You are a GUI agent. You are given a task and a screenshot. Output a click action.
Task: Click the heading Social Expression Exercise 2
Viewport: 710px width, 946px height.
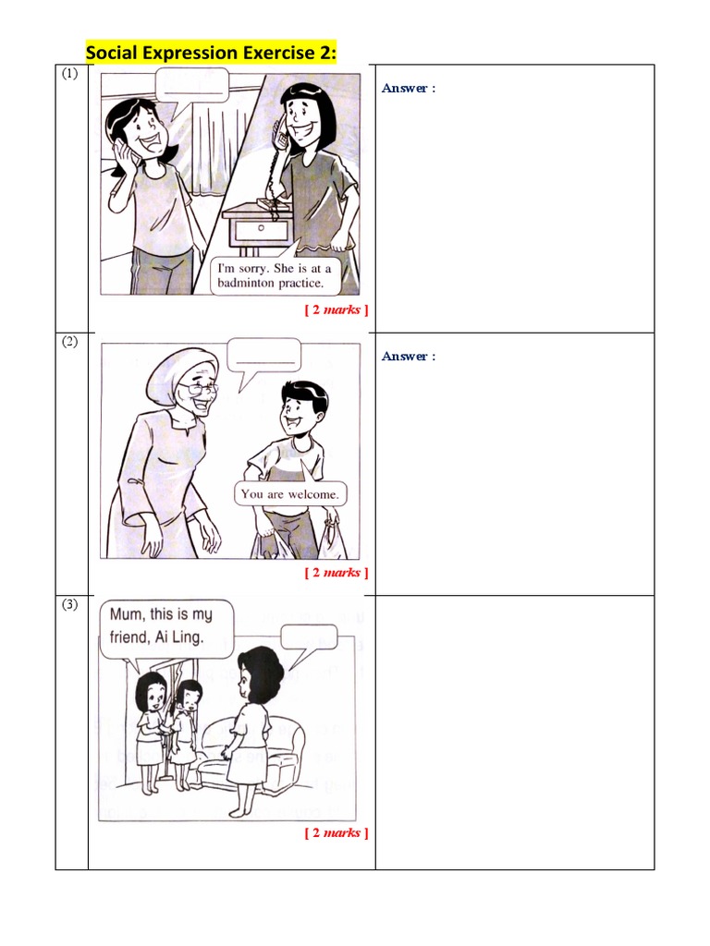click(x=211, y=53)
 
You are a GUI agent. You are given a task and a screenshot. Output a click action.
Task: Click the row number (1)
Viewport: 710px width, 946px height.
click(x=70, y=76)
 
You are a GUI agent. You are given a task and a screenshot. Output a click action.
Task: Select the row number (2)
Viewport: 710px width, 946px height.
click(x=70, y=342)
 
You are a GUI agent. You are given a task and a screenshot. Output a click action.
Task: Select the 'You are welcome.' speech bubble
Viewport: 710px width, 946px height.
click(x=289, y=494)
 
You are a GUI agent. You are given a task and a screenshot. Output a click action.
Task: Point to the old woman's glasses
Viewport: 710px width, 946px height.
click(x=202, y=390)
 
